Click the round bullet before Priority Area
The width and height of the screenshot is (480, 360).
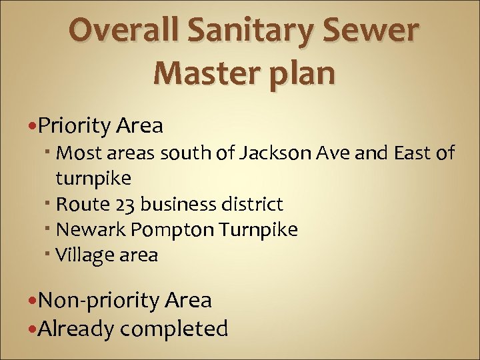coord(33,125)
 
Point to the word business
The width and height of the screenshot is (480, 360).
coord(180,204)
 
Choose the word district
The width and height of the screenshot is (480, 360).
coord(254,204)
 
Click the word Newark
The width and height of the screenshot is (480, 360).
coord(91,230)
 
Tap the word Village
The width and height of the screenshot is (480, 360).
coord(83,255)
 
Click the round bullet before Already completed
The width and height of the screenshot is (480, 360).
coord(33,329)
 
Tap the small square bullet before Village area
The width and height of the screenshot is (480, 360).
coord(51,253)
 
